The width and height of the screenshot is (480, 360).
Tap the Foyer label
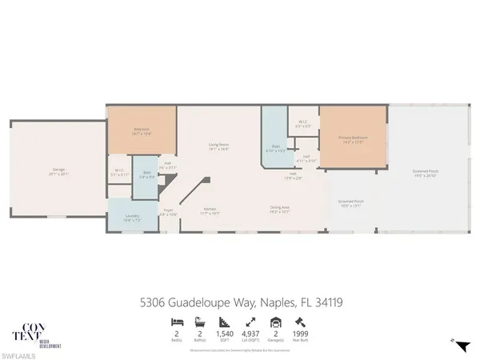(x=168, y=214)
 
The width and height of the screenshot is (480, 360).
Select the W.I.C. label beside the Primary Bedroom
(x=302, y=124)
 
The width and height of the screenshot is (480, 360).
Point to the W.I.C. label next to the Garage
(x=118, y=174)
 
